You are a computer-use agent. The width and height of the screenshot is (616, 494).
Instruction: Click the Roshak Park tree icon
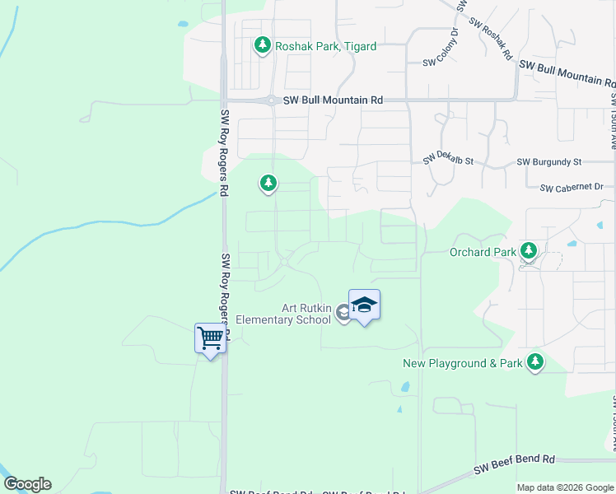click(263, 44)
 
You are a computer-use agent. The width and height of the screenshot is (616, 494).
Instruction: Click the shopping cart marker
click(210, 338)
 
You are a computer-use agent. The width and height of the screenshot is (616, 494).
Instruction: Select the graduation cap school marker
click(364, 305)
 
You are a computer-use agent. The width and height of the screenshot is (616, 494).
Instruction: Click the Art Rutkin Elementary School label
click(283, 314)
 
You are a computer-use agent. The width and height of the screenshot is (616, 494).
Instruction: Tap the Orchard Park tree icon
click(529, 251)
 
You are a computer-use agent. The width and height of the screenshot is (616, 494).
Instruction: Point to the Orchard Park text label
click(482, 252)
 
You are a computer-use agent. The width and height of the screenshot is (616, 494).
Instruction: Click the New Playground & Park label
click(463, 363)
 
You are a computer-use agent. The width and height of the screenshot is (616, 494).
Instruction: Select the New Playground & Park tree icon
click(535, 361)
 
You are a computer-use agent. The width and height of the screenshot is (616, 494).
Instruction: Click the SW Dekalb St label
click(450, 161)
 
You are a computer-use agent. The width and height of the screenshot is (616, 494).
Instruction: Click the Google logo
click(27, 484)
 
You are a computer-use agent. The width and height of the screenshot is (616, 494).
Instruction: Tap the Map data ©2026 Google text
click(565, 487)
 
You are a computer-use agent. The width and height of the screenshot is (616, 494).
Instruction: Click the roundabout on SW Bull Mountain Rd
click(271, 100)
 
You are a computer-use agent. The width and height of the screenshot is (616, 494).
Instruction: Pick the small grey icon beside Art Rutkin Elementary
click(344, 313)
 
